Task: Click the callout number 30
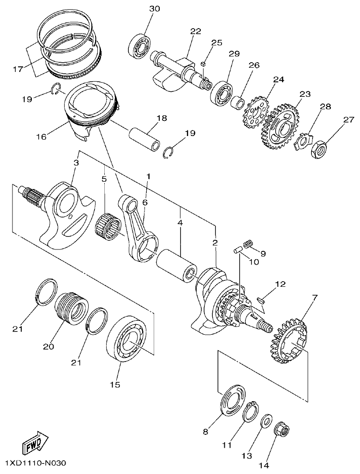click(155, 9)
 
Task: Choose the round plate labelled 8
click(233, 399)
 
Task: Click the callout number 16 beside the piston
click(41, 137)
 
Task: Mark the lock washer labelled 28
click(302, 139)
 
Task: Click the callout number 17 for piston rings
click(18, 69)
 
